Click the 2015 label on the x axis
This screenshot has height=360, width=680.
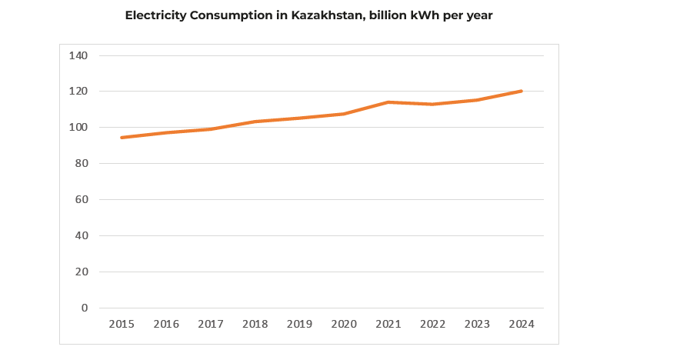122,325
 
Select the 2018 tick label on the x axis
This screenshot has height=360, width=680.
255,325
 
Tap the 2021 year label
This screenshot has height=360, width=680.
388,325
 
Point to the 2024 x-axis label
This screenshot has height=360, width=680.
522,325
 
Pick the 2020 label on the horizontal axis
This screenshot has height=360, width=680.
344,325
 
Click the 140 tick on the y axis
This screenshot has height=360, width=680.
78,55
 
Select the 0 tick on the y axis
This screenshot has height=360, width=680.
84,308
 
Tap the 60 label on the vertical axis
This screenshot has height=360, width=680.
81,199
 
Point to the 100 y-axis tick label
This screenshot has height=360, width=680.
78,127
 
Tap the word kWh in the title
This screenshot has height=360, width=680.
413,15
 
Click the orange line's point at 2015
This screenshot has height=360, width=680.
122,138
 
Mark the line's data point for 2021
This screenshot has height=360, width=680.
388,102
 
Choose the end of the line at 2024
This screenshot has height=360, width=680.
522,91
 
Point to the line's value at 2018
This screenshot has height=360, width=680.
255,122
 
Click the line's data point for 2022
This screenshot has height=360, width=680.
433,104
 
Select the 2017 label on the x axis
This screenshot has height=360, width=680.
211,325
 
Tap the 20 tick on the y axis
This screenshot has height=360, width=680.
81,272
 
